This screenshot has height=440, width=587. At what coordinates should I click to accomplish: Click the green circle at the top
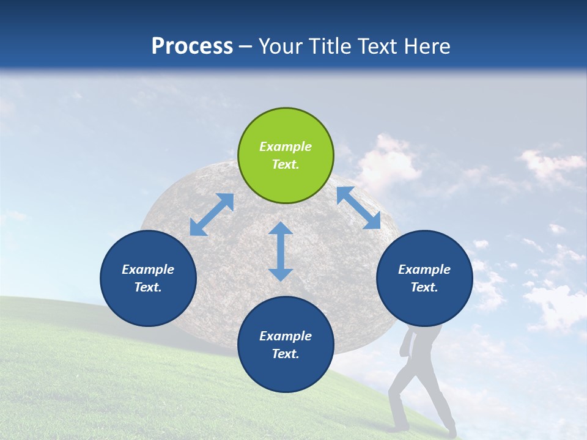286,155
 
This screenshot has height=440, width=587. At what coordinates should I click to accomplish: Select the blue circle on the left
148,278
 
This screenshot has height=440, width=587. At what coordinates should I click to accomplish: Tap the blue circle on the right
424,278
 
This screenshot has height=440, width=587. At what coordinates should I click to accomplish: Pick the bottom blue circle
286,344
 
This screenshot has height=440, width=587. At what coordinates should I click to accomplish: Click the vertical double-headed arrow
281,251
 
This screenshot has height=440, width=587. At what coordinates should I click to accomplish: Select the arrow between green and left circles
212,215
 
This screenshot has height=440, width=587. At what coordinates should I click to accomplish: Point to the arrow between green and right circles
359,208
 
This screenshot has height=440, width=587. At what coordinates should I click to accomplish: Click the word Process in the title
192,46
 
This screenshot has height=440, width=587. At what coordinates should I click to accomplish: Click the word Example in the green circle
286,146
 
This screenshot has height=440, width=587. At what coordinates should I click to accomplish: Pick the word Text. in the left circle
148,287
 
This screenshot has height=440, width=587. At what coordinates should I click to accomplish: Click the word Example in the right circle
424,269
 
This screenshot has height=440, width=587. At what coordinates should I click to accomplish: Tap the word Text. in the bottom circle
286,354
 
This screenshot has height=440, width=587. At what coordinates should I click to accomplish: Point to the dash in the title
246,48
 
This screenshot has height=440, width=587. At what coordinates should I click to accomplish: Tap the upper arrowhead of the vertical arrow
281,228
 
